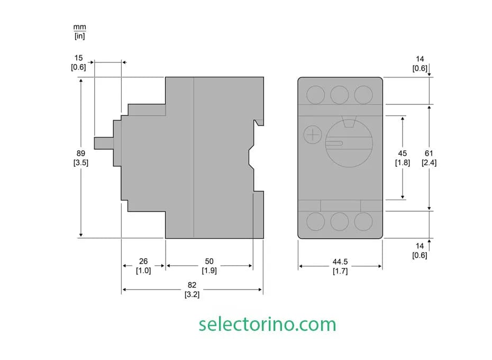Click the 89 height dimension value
[80, 154]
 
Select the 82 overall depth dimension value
[192, 285]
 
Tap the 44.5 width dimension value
[340, 262]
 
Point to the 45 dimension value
[402, 154]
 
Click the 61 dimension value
[429, 154]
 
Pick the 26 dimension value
[143, 261]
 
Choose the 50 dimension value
[209, 261]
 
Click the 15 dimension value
[78, 58]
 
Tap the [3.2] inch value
[192, 294]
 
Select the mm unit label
[80, 27]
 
